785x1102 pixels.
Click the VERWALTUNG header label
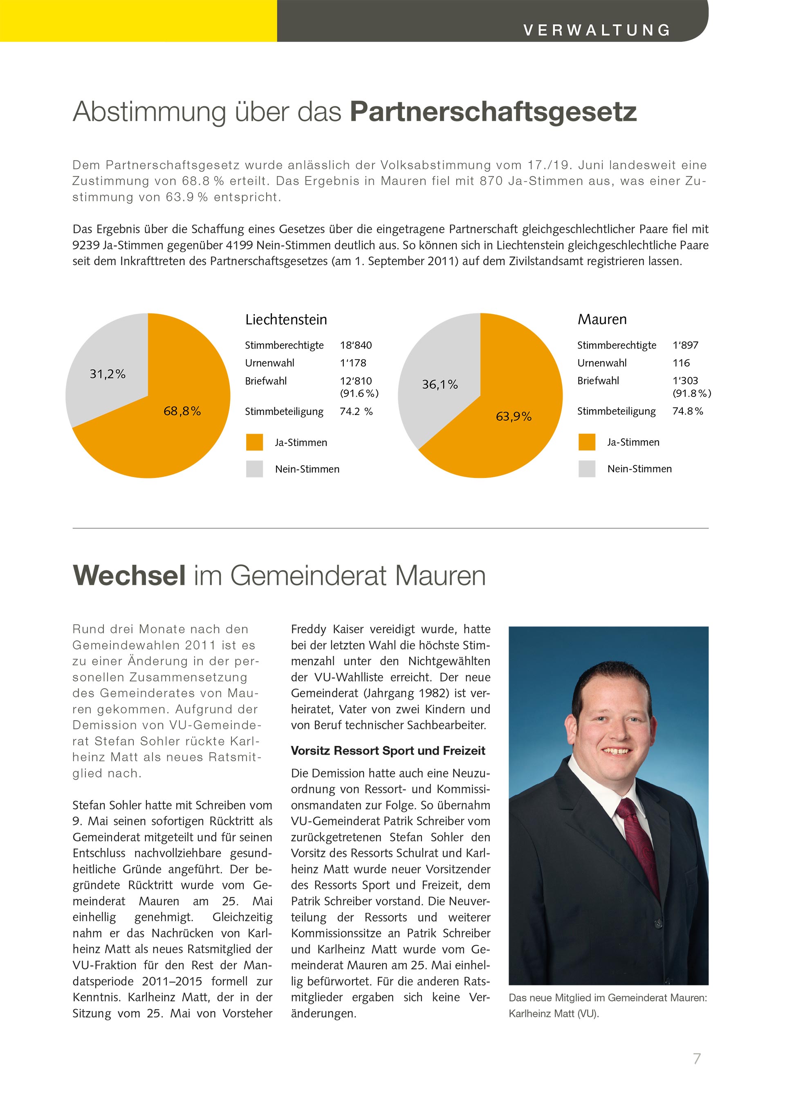point(597,30)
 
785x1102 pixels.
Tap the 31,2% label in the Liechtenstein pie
point(107,374)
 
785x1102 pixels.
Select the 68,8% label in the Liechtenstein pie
point(182,411)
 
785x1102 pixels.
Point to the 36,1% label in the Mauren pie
point(440,385)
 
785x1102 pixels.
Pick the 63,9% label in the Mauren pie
point(514,417)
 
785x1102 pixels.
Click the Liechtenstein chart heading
point(286,320)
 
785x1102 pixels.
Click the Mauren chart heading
point(602,319)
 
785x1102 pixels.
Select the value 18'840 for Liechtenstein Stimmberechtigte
point(356,345)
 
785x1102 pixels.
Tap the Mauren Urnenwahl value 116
point(681,363)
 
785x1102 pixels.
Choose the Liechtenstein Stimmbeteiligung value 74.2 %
point(356,412)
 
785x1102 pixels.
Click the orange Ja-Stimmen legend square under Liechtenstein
point(254,442)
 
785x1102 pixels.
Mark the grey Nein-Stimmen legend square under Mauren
point(587,469)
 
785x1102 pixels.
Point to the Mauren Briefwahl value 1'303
point(685,381)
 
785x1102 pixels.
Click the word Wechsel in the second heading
point(129,576)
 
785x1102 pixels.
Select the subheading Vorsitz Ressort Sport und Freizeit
point(388,751)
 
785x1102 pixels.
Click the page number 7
point(697,1059)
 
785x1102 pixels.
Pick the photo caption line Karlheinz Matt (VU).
point(554,1014)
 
